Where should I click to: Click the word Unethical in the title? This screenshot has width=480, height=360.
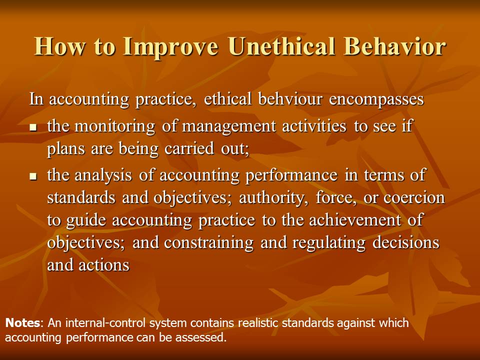tap(281, 46)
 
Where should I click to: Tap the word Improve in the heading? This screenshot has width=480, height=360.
tap(170, 47)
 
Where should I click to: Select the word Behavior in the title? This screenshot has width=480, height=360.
tap(394, 46)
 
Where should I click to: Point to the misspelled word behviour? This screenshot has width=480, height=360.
tap(290, 99)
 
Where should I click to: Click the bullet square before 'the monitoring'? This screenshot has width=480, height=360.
tap(33, 127)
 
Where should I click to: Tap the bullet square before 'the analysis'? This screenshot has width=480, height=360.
tap(33, 176)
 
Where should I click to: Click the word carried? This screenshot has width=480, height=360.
tap(189, 148)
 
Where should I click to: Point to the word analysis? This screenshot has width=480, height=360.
tap(103, 175)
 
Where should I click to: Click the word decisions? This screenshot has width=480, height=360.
tap(406, 242)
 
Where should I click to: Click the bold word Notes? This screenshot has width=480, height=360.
tap(22, 323)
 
